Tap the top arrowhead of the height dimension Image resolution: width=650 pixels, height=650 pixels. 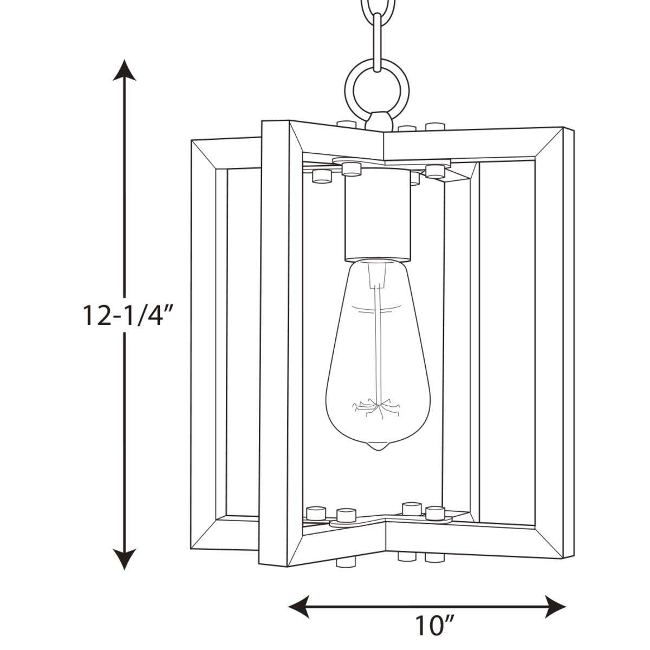[125, 70]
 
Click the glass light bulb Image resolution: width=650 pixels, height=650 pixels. [378, 354]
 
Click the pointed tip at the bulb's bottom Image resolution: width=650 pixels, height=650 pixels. [378, 448]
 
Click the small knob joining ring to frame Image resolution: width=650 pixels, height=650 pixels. [379, 121]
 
